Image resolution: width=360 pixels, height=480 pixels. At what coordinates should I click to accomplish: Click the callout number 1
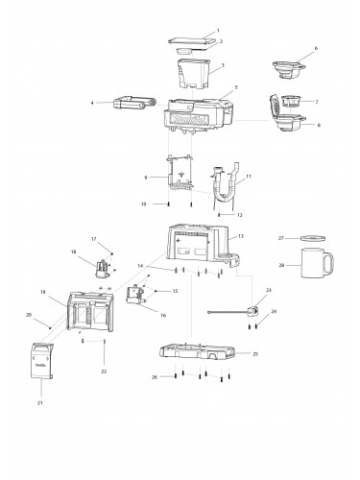[218, 32]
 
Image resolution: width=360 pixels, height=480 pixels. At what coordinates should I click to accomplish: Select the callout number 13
[241, 235]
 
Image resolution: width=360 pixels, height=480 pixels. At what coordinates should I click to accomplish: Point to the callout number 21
[40, 403]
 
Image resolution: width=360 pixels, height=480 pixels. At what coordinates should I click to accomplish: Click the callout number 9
[144, 177]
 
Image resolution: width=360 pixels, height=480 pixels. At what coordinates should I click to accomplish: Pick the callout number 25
[255, 354]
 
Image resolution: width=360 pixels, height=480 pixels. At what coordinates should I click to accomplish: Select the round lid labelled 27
[314, 237]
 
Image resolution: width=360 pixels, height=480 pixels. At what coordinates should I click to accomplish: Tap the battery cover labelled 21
[43, 363]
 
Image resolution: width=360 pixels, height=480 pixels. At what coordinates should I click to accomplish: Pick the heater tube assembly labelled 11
[226, 182]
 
